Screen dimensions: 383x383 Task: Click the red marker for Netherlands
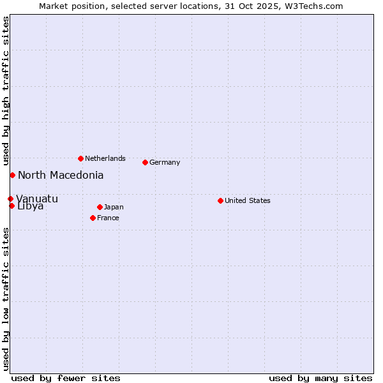click(x=80, y=158)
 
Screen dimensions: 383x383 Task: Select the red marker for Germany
click(x=145, y=162)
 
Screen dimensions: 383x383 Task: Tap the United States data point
click(x=220, y=200)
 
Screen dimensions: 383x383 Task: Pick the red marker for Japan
click(x=100, y=207)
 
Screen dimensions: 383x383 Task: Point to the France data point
click(x=93, y=218)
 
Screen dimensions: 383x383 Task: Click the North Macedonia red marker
click(x=12, y=175)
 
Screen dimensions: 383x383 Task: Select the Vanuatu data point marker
click(x=10, y=199)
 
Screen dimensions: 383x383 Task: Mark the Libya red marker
click(x=11, y=206)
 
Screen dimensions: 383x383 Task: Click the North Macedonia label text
click(x=61, y=175)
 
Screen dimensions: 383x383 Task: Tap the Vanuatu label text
click(x=37, y=199)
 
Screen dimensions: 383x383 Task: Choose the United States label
click(x=248, y=200)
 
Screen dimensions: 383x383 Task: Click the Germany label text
click(x=165, y=162)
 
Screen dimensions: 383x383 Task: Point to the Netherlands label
click(x=105, y=158)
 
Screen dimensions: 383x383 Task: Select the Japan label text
click(x=114, y=207)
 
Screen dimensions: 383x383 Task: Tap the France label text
click(x=108, y=218)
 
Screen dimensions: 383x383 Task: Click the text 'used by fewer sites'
click(x=66, y=378)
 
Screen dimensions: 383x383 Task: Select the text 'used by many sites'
click(x=320, y=378)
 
